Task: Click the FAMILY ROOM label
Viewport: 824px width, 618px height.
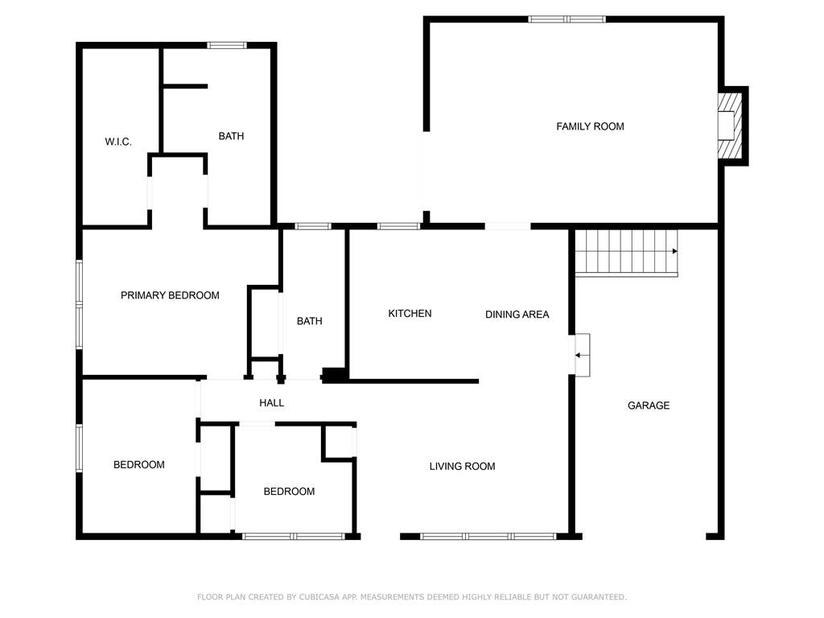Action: coord(590,126)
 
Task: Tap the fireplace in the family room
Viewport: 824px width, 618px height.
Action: coord(729,126)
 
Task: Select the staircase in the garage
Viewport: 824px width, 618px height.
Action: coord(626,252)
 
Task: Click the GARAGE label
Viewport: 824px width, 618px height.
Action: coord(648,406)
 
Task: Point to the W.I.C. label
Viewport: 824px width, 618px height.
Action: coord(118,142)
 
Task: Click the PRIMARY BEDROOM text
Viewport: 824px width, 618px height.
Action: coord(170,295)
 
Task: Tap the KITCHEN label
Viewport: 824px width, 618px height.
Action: coord(410,313)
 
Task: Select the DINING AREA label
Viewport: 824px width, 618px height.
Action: coord(517,314)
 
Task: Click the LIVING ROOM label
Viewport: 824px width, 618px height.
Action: coord(462,466)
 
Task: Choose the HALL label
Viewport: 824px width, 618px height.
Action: coord(271,402)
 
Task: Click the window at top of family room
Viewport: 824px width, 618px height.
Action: coord(566,19)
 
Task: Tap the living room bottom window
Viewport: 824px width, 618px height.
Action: coord(488,536)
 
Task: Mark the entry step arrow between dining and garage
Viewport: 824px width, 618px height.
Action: coord(580,354)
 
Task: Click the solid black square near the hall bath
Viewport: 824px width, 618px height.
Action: coord(334,374)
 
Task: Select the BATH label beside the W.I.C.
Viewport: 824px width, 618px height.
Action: coord(231,136)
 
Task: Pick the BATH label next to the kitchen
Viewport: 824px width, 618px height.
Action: coord(309,321)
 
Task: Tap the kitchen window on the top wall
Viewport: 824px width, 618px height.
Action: coord(398,226)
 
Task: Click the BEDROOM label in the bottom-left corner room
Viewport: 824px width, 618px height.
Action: coord(138,464)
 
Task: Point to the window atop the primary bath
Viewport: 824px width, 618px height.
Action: coord(227,45)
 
